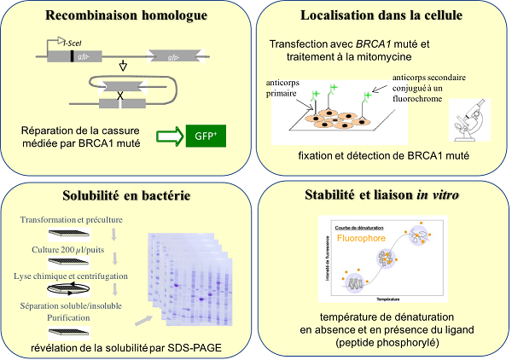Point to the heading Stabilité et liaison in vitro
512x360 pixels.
[382, 196]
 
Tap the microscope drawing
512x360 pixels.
[467, 122]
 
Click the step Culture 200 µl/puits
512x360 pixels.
[69, 249]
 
